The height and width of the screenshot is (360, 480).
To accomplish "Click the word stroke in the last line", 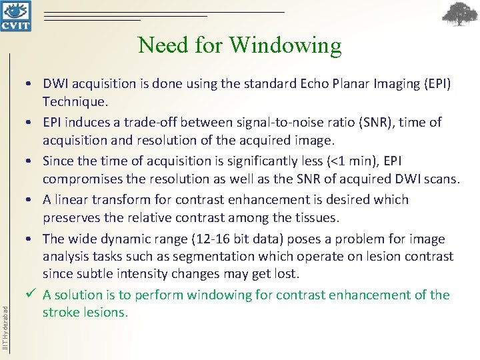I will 61,312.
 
